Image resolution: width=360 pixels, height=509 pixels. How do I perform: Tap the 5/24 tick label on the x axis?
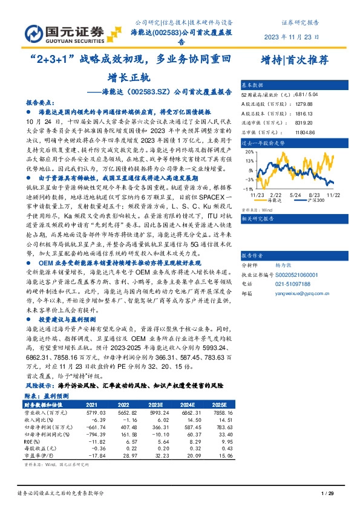[295, 195]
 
